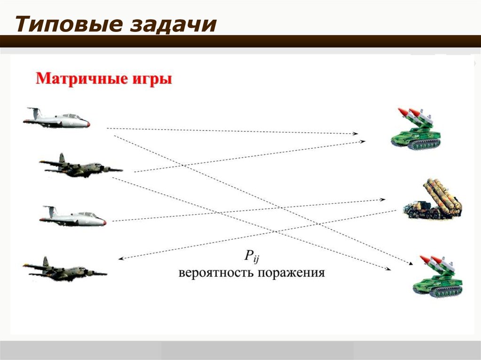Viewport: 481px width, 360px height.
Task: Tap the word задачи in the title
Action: [x=173, y=25]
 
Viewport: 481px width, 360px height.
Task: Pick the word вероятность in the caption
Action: [x=216, y=273]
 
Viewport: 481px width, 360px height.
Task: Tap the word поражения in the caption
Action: [x=291, y=273]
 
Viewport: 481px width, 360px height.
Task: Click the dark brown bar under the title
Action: [x=240, y=41]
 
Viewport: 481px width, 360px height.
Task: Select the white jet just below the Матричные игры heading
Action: [x=57, y=118]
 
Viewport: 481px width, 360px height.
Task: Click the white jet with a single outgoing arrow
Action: [x=73, y=216]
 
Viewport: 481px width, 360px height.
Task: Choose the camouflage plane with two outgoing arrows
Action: [x=81, y=166]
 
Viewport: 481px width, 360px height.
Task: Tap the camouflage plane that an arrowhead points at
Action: [x=65, y=269]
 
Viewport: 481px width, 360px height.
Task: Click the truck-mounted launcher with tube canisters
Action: [x=433, y=199]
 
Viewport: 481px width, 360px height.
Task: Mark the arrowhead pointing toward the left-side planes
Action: [x=121, y=259]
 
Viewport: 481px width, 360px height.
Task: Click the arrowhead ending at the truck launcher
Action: [x=382, y=199]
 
